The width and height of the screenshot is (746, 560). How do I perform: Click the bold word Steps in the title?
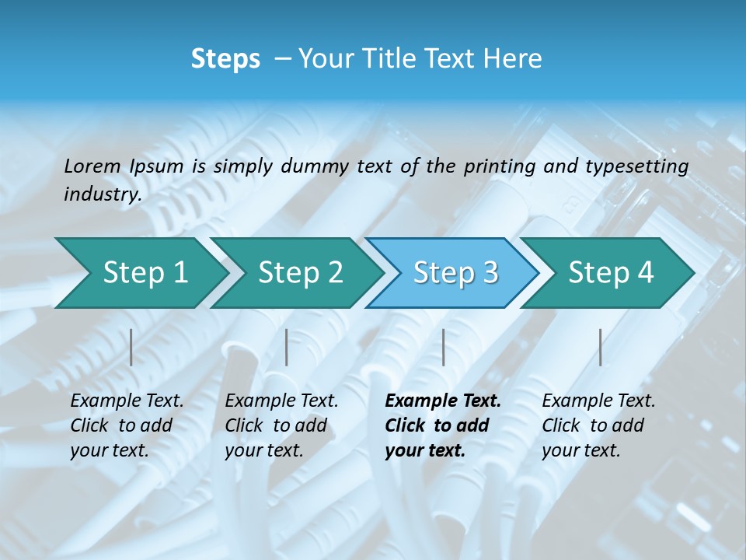pyautogui.click(x=225, y=59)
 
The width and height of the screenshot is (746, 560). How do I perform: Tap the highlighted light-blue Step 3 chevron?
pyautogui.click(x=455, y=272)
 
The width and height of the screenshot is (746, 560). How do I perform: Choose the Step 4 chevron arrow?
pyautogui.click(x=611, y=272)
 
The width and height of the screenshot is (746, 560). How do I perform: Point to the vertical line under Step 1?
pyautogui.click(x=131, y=347)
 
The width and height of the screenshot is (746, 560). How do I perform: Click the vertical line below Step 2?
pyautogui.click(x=287, y=347)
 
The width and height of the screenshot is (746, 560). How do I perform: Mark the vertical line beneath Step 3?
pyautogui.click(x=444, y=347)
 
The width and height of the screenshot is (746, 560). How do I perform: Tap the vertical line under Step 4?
pyautogui.click(x=601, y=347)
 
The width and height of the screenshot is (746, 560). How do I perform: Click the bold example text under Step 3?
pyautogui.click(x=442, y=425)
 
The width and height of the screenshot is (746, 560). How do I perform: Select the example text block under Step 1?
pyautogui.click(x=127, y=425)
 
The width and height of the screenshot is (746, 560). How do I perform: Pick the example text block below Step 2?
pyautogui.click(x=281, y=425)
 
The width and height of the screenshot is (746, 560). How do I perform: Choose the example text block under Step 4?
pyautogui.click(x=598, y=425)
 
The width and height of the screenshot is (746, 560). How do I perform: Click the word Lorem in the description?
pyautogui.click(x=92, y=166)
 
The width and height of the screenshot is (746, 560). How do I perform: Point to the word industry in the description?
pyautogui.click(x=102, y=194)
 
